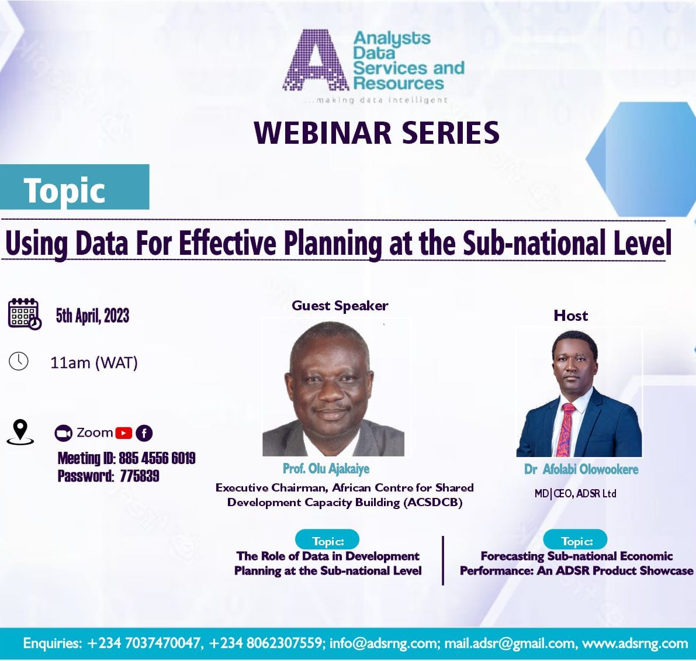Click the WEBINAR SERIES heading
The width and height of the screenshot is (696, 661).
pos(377,133)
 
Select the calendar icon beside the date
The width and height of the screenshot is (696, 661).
pos(24,313)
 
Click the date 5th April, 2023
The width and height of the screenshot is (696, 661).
pos(92,316)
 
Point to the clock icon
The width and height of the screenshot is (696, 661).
pos(19,361)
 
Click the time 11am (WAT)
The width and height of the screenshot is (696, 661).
pos(94,363)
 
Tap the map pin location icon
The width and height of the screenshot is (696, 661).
pos(20,431)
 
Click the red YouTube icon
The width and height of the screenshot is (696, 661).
pos(124,433)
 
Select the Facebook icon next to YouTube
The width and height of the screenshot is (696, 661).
pos(144,433)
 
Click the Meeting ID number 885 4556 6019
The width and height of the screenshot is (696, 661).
pos(157,458)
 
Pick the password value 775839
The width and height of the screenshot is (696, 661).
pos(140,476)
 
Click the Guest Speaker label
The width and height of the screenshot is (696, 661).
pos(340,306)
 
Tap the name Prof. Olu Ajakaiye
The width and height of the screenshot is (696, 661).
pos(326,469)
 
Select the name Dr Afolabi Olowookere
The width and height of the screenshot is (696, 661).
pos(581,469)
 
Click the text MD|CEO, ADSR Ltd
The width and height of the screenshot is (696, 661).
pos(575,494)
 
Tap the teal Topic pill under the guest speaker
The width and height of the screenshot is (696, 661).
pos(327,541)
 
